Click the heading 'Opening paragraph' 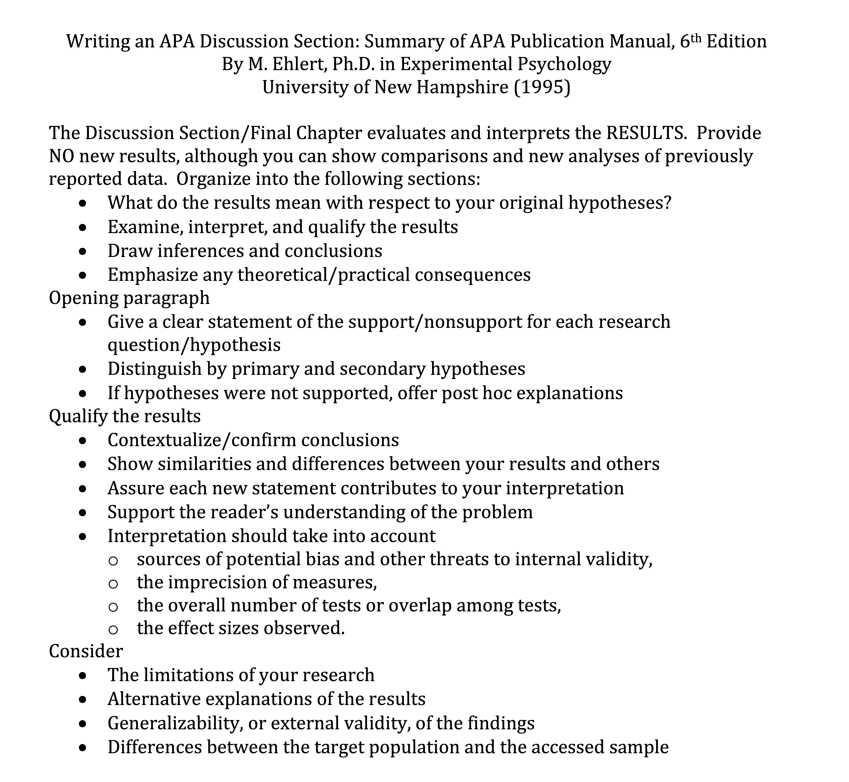(129, 298)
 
